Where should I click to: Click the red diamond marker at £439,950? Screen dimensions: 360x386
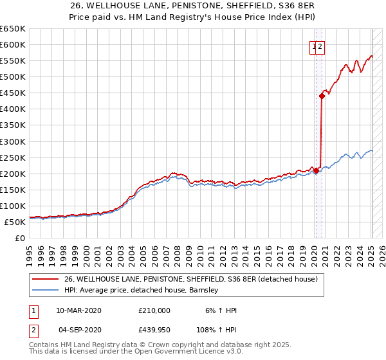[321, 96]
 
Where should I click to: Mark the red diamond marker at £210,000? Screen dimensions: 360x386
[316, 170]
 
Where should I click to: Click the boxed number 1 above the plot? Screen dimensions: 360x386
[313, 46]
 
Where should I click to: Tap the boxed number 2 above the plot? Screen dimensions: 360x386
[320, 46]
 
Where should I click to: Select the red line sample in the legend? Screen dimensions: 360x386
[45, 280]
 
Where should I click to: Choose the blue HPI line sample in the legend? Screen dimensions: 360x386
[45, 290]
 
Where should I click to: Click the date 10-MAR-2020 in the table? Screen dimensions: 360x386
[78, 310]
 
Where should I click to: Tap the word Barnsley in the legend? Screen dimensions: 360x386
[205, 290]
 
